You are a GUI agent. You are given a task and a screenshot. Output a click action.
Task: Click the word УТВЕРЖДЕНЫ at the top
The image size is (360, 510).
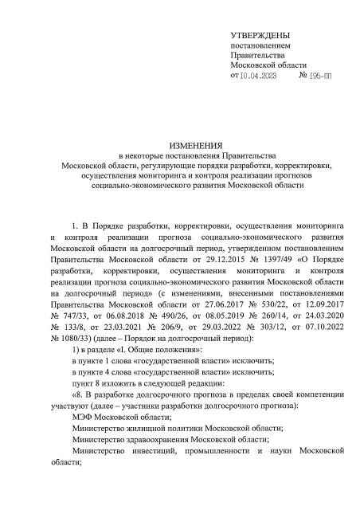coord(260,36)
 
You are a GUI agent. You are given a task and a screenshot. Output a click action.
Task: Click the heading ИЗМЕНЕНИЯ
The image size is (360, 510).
coord(179,144)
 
